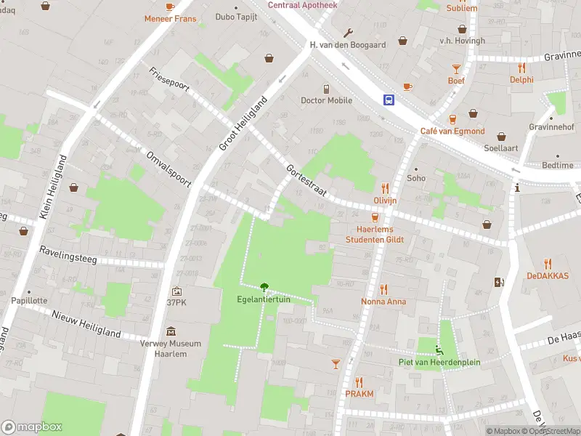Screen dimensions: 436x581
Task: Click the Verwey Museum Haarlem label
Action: [x=171, y=349]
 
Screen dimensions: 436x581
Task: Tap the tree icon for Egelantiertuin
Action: [x=264, y=287]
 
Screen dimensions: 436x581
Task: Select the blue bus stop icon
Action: [x=390, y=100]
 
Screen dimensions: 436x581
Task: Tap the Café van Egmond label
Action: [x=452, y=131]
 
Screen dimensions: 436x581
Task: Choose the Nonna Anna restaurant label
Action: [x=383, y=301]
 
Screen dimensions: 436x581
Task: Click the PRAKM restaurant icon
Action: [x=359, y=381]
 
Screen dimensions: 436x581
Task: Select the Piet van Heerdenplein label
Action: [x=439, y=362]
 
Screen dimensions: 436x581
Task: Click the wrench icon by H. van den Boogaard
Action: [x=348, y=33]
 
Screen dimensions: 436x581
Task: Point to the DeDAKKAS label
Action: [x=548, y=275]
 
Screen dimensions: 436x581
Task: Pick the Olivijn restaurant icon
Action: [x=385, y=188]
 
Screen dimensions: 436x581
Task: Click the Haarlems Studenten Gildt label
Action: [x=375, y=234]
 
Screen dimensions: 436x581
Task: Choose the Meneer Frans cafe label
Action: [x=170, y=18]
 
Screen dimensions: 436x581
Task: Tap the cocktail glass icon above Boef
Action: [x=456, y=69]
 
